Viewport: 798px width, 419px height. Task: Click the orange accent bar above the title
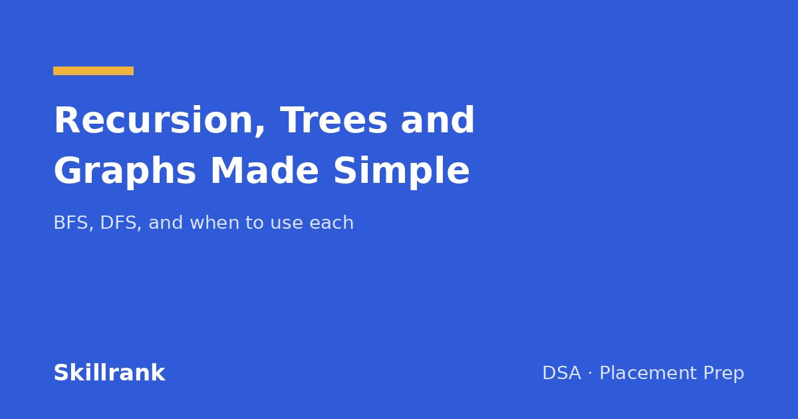click(93, 71)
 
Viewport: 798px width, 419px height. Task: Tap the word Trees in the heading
click(334, 120)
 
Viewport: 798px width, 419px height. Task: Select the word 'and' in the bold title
click(438, 120)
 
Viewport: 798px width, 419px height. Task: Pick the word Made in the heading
click(265, 170)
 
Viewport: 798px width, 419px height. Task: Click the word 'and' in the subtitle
click(166, 223)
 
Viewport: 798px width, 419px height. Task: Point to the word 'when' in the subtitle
click(215, 223)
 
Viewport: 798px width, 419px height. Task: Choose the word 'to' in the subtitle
click(254, 223)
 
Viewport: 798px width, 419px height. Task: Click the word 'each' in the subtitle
click(331, 223)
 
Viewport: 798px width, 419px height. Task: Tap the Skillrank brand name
click(109, 373)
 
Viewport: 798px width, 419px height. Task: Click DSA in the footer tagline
click(562, 373)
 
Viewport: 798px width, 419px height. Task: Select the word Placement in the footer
click(648, 373)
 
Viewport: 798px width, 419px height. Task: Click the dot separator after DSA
click(591, 373)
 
